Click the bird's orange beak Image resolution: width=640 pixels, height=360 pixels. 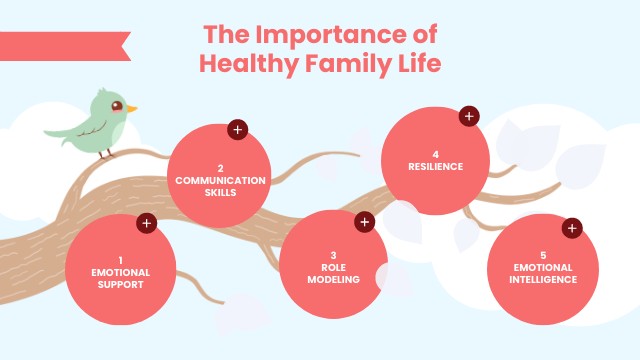(x=131, y=109)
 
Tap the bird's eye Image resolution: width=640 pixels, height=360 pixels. (x=117, y=104)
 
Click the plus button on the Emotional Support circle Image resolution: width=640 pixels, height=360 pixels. (x=147, y=223)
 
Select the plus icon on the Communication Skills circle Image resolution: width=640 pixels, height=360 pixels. (x=237, y=129)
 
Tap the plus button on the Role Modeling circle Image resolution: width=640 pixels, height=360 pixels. (x=364, y=222)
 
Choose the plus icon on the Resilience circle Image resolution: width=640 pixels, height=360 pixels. (x=468, y=117)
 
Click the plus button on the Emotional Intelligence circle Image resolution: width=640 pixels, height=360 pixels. (x=572, y=228)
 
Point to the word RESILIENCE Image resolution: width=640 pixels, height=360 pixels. (x=435, y=167)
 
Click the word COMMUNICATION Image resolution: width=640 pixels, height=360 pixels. (x=220, y=180)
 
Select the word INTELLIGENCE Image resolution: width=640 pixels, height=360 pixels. (x=543, y=280)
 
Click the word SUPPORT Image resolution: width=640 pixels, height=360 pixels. (x=121, y=284)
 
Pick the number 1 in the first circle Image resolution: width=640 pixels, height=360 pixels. (x=121, y=259)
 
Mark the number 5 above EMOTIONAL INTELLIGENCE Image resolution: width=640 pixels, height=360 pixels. (x=543, y=255)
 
